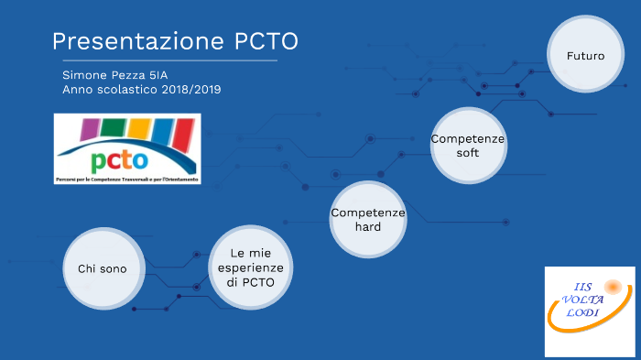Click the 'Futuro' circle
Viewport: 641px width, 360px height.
tap(585, 56)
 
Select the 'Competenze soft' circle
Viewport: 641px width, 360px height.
tap(468, 146)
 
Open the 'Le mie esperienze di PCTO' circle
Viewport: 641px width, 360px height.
tap(250, 267)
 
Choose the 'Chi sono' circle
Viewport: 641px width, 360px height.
tap(102, 267)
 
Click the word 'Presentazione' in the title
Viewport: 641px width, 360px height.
tap(132, 41)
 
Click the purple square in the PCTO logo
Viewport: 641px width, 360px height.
tap(89, 129)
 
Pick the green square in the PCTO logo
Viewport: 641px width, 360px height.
tap(115, 128)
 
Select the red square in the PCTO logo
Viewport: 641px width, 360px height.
tap(182, 133)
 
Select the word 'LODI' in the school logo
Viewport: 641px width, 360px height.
tap(582, 313)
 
